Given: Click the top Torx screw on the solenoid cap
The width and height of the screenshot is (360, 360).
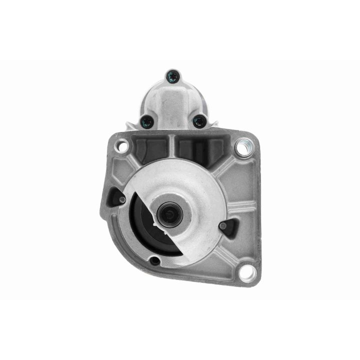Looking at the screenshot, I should (x=172, y=76).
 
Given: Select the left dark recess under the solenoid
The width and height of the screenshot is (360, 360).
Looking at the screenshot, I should (x=149, y=149).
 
